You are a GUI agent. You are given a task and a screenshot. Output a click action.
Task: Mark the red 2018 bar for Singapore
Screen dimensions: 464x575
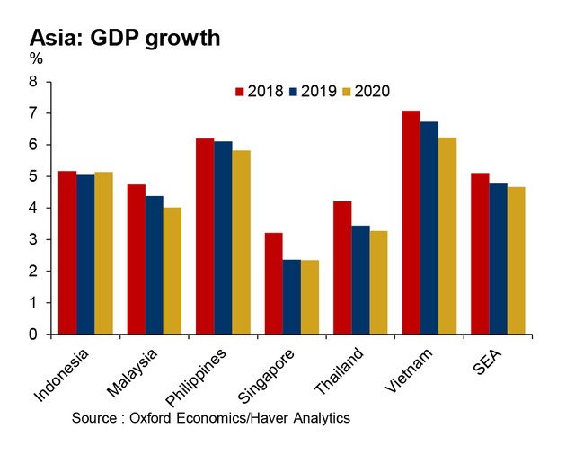[x=271, y=283]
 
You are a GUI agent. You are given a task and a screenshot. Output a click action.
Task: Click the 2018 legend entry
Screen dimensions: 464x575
[x=260, y=91]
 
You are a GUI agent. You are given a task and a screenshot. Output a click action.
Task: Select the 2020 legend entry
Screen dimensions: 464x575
[x=364, y=91]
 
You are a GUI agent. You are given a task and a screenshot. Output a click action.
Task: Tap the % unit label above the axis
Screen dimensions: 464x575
[x=36, y=59]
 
